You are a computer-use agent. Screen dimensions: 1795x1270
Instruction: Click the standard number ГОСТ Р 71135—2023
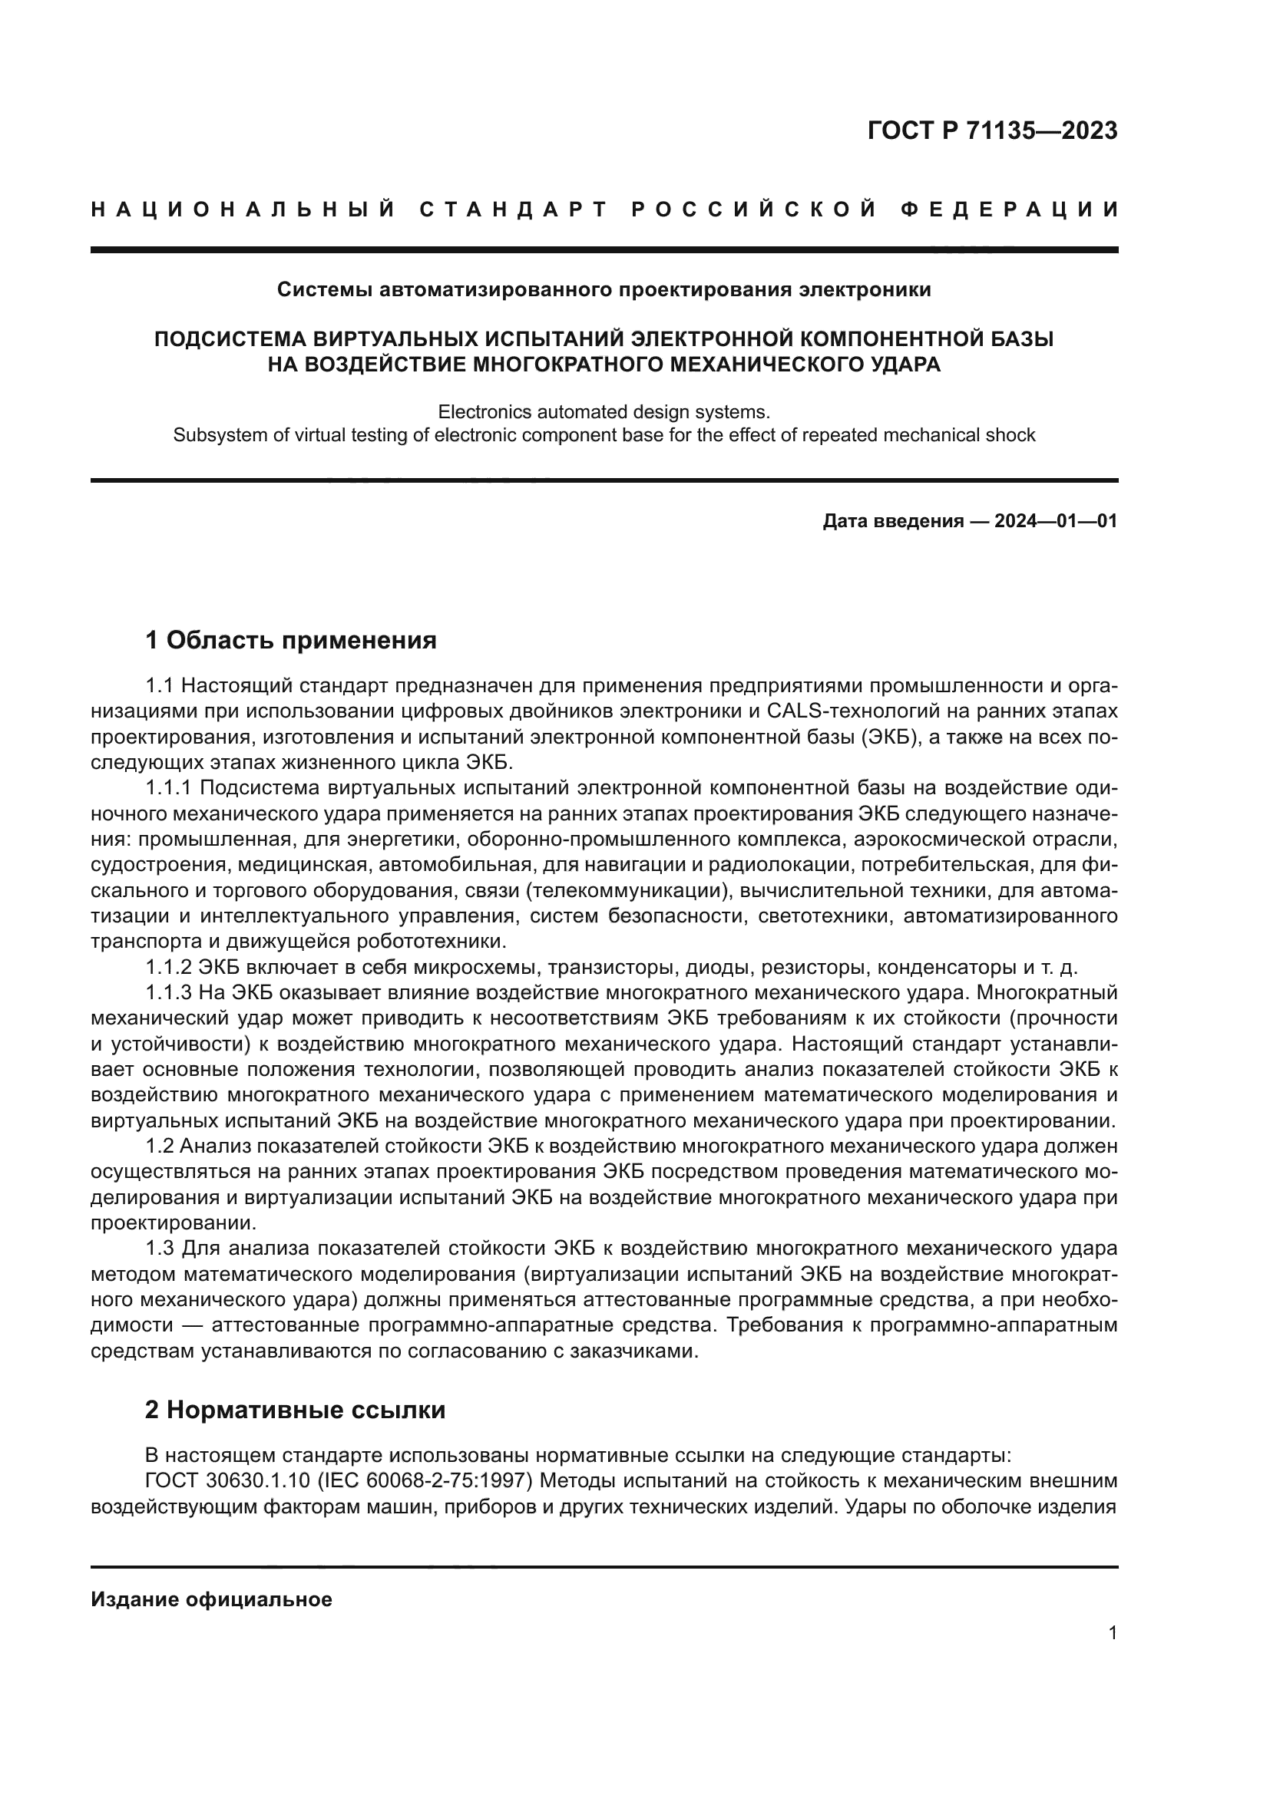coord(991,130)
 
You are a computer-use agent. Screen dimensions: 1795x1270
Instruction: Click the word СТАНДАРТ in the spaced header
coord(514,210)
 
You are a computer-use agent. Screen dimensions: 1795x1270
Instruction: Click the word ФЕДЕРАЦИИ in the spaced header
coord(1010,210)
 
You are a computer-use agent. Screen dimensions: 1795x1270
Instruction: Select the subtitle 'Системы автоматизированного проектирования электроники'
coord(604,290)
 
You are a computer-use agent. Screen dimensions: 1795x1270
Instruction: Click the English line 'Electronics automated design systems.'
coord(604,411)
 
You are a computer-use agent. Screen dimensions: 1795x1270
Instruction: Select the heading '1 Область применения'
coord(290,640)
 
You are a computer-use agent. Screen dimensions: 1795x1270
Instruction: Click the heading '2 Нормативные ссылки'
coord(295,1410)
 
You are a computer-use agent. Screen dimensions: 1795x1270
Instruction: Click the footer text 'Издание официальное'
coord(211,1599)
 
